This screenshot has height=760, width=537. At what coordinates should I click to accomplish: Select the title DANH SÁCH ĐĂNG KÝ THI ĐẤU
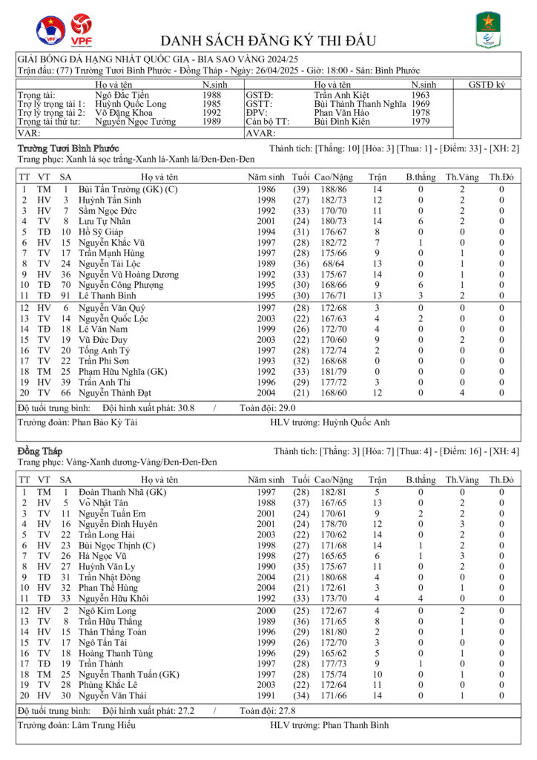pyautogui.click(x=268, y=41)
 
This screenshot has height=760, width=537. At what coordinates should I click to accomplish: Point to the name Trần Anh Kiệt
pyautogui.click(x=340, y=95)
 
